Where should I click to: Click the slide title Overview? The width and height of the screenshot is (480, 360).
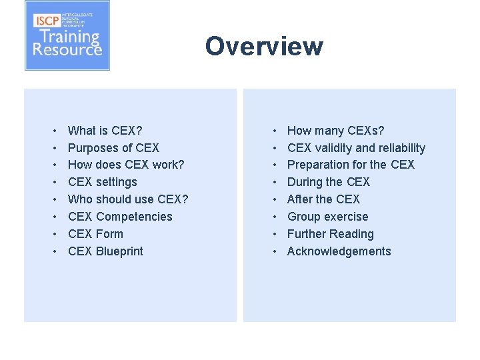pos(264,46)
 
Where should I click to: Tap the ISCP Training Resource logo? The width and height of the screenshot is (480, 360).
pos(67,36)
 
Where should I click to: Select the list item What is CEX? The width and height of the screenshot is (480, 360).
pos(105,131)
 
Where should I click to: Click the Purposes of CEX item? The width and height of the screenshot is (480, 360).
pos(113,148)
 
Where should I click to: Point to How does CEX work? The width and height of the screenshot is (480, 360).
pos(126,165)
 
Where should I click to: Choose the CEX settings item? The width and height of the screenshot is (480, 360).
pos(103,182)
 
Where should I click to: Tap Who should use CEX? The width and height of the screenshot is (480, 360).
pos(128,199)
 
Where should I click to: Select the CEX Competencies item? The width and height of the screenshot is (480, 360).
pos(120,217)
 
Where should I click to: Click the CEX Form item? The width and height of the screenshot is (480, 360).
pos(95,234)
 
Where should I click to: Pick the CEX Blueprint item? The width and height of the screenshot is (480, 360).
pos(105,251)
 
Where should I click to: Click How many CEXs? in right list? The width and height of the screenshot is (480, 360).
pos(335,131)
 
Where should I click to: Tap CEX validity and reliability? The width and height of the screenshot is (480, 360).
pos(356,148)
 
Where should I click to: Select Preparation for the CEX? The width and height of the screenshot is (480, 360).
pos(351,165)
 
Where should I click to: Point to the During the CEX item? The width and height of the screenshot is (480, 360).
pos(328,182)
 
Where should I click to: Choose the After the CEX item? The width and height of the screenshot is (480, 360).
pos(323,199)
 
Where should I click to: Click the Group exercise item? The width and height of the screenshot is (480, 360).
pos(327,217)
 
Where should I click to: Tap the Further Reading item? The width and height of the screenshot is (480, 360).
pos(330,234)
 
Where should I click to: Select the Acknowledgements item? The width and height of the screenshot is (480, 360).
pos(339,251)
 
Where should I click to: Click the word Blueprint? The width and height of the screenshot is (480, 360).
pos(119,251)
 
